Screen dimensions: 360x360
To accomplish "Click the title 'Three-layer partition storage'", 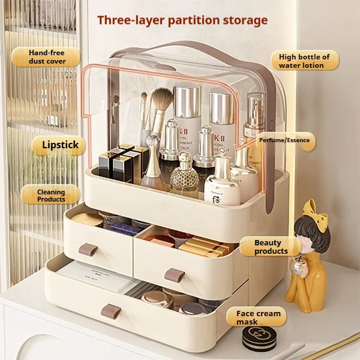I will (182, 20).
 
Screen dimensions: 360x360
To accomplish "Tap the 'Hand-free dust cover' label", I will (46, 57).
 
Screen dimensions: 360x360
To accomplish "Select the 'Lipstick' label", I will (59, 145).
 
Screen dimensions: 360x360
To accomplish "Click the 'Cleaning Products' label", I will (51, 194).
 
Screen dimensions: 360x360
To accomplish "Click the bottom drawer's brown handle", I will (112, 311).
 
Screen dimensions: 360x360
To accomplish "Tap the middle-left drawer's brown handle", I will (88, 249).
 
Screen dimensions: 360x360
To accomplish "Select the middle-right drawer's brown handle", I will (175, 275).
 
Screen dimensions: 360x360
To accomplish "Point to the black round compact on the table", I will (259, 338).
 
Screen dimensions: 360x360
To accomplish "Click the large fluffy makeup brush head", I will (161, 102).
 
